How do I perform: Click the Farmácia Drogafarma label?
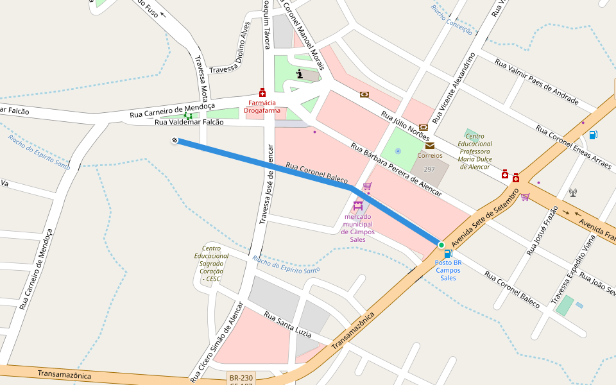[262, 107]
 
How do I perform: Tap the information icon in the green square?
[300, 74]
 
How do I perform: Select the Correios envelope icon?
[429, 146]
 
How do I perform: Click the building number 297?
[429, 169]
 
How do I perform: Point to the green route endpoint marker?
[441, 245]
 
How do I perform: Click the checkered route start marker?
[175, 140]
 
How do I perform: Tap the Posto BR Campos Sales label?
[448, 270]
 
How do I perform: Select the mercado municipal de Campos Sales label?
[358, 228]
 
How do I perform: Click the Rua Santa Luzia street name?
[288, 326]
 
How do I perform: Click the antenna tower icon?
[572, 193]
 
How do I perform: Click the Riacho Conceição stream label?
[452, 20]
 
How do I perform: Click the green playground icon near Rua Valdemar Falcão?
[188, 116]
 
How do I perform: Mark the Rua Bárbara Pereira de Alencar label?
[396, 169]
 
